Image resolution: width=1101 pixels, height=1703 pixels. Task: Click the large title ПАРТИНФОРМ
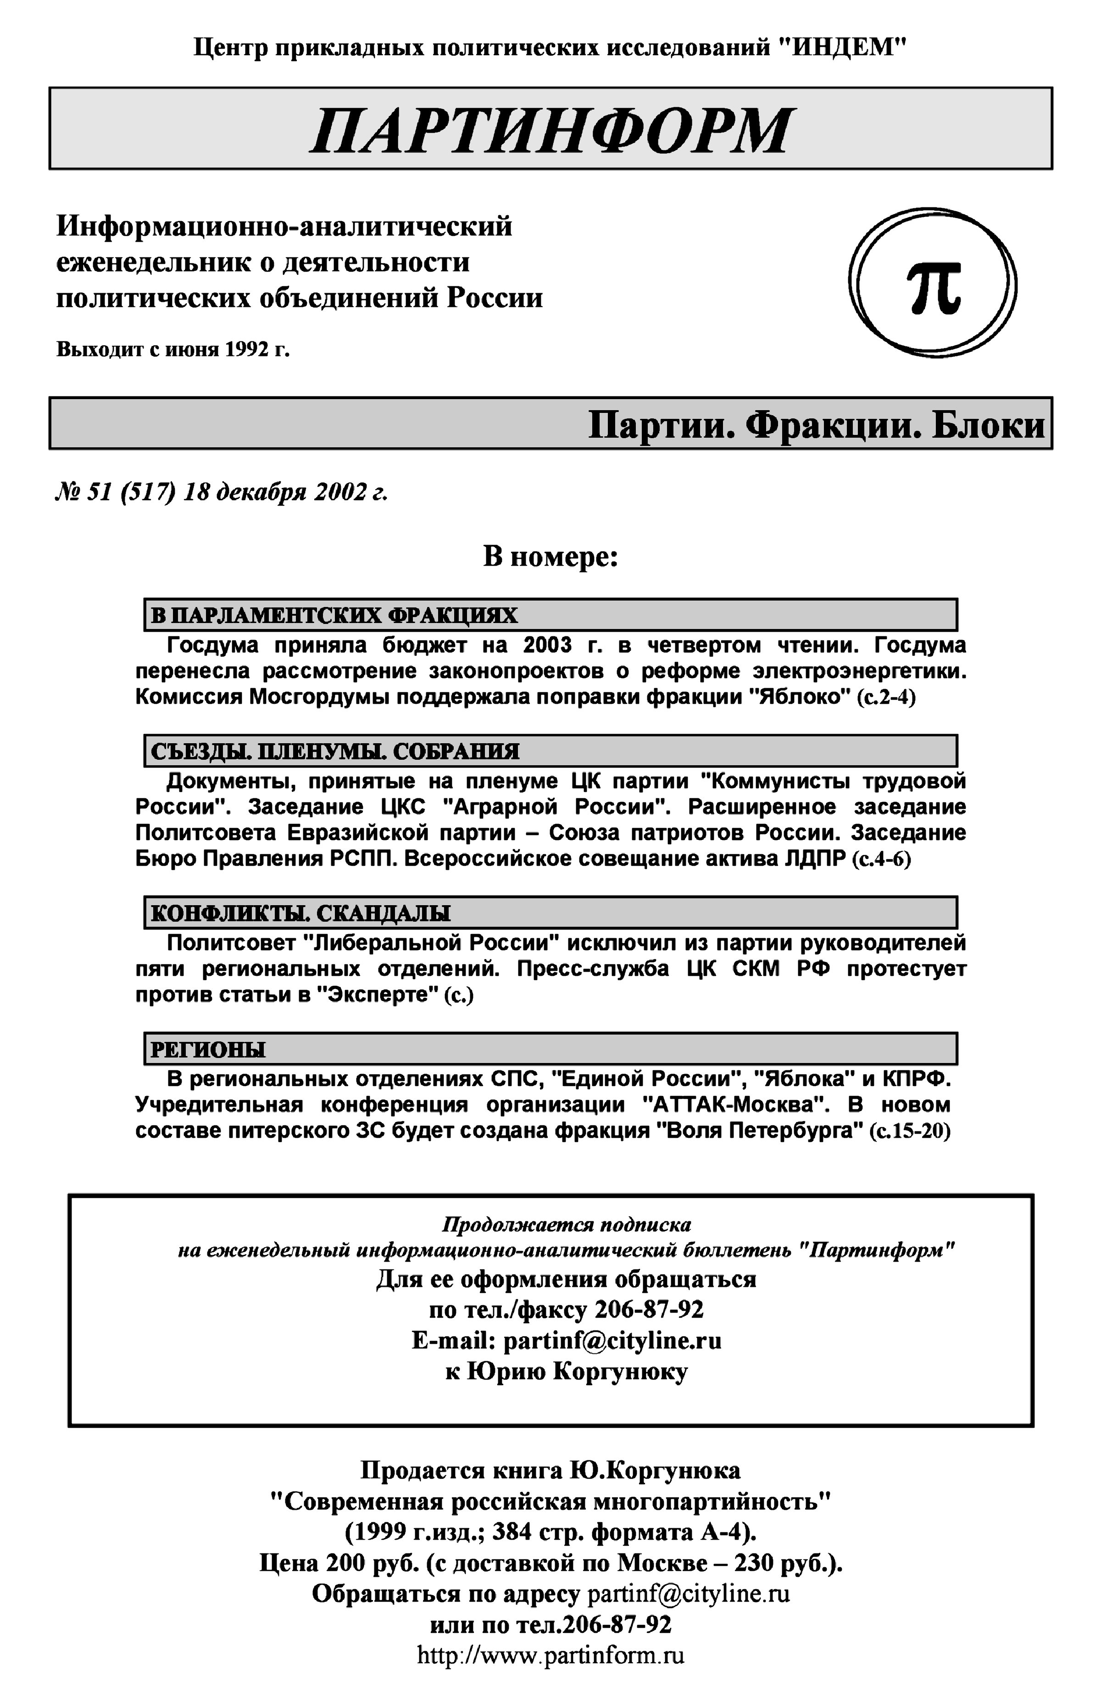550,130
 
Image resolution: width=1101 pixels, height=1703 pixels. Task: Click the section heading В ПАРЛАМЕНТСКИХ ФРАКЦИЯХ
334,615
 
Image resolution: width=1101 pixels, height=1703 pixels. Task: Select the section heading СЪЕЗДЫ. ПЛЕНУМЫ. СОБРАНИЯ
334,751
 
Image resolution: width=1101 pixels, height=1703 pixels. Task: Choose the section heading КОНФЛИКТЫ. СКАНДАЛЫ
300,913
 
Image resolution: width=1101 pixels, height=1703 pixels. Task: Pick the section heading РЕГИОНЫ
207,1050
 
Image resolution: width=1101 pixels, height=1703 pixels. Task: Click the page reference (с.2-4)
886,697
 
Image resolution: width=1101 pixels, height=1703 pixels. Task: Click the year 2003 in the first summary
547,646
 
